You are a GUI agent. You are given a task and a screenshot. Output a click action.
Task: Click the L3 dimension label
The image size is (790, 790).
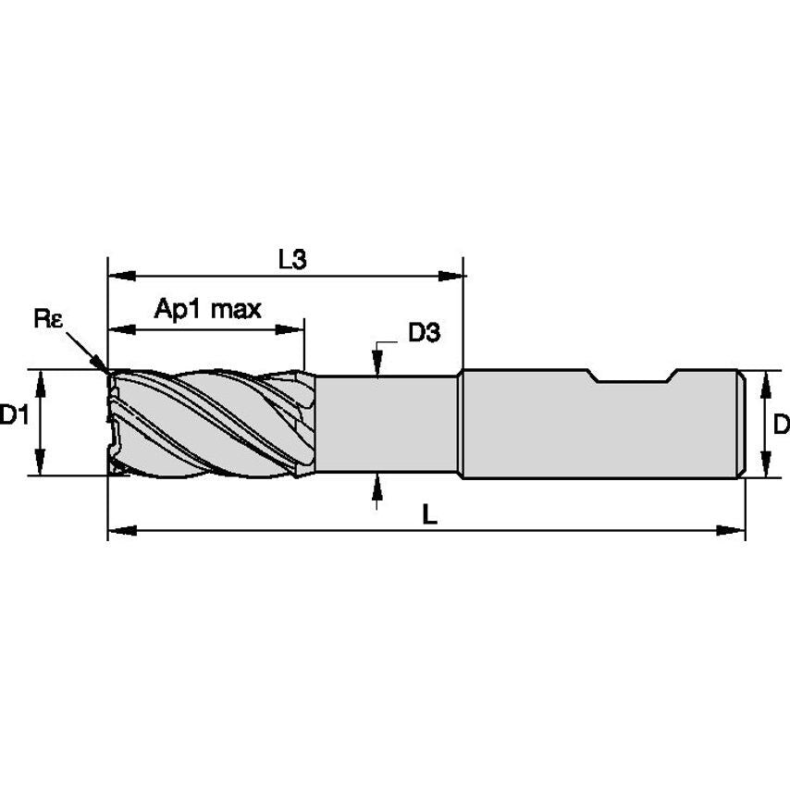[x=291, y=261]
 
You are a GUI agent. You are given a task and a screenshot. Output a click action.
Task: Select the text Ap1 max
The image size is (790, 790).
[x=207, y=310]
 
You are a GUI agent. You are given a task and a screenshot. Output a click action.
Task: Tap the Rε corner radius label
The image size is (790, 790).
[x=48, y=319]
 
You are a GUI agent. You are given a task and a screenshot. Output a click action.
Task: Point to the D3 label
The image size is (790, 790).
[x=423, y=334]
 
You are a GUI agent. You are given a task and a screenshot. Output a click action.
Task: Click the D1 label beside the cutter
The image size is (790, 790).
[x=13, y=416]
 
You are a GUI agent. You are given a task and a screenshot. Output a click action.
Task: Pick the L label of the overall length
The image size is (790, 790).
[x=428, y=515]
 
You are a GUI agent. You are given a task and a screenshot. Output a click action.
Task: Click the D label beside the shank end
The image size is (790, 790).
[x=780, y=425]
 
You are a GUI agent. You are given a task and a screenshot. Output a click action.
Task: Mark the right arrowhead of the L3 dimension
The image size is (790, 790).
[x=451, y=275]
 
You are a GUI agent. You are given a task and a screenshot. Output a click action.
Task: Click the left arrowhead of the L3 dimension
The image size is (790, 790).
[x=121, y=275]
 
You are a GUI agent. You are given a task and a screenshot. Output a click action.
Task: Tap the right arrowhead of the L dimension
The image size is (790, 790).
[x=732, y=531]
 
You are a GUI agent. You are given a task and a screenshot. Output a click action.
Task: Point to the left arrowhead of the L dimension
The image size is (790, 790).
[x=121, y=531]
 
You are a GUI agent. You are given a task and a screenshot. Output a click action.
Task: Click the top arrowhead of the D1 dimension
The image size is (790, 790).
[x=40, y=380]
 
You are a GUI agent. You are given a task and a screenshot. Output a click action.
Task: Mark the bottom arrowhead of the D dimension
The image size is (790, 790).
[x=765, y=466]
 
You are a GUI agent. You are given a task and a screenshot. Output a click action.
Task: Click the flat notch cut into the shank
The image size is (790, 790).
[x=631, y=378]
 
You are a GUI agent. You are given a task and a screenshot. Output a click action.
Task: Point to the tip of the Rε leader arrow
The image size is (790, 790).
[x=106, y=372]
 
